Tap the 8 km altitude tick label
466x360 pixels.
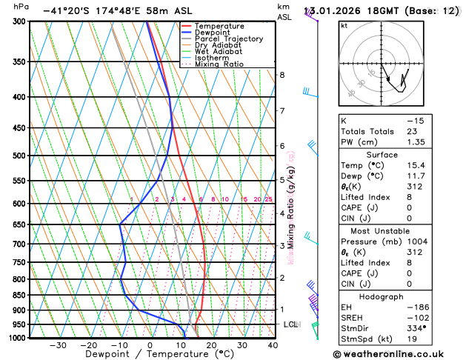[x=282, y=75]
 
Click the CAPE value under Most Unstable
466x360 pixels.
[x=409, y=273]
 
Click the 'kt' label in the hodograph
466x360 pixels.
[x=344, y=25]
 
